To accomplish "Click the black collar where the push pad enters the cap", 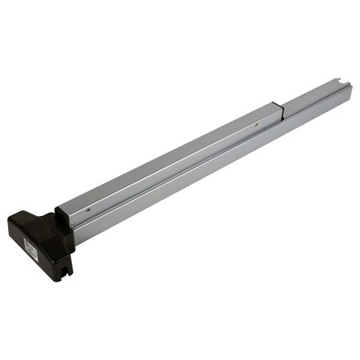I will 62,216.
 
